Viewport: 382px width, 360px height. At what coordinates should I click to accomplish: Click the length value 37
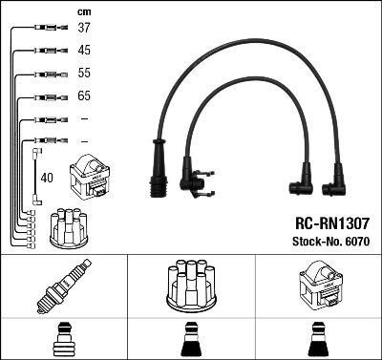click(84, 28)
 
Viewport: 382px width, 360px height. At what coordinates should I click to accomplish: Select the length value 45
click(84, 50)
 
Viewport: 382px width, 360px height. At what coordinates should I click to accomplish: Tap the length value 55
click(84, 73)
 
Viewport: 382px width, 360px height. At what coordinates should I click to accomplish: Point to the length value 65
click(84, 96)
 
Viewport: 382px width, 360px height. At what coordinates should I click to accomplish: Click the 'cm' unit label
click(83, 11)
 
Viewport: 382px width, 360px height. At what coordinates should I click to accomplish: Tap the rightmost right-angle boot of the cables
click(335, 177)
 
